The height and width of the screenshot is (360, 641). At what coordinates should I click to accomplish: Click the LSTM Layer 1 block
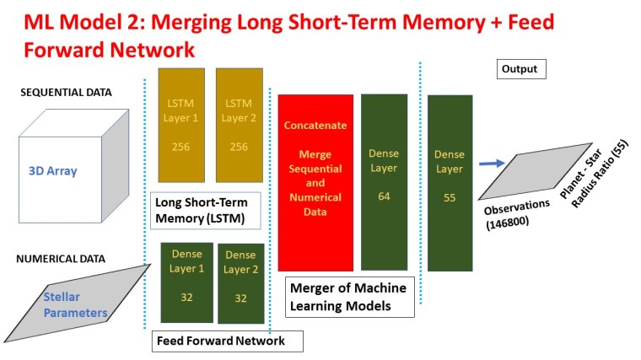[x=181, y=125]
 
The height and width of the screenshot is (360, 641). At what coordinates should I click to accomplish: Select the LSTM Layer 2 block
[x=240, y=125]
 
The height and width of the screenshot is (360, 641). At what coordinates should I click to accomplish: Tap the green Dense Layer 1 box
[x=187, y=282]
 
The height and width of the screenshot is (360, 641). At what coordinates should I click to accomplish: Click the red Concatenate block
[x=315, y=182]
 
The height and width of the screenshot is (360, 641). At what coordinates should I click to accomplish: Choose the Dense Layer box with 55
[x=449, y=182]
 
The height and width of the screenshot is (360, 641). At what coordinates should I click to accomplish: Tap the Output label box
[x=521, y=68]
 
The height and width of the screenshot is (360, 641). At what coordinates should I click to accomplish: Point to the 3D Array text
[x=52, y=171]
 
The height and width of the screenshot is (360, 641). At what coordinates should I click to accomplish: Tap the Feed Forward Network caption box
[x=227, y=341]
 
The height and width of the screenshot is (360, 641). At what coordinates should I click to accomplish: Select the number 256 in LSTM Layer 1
[x=181, y=147]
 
